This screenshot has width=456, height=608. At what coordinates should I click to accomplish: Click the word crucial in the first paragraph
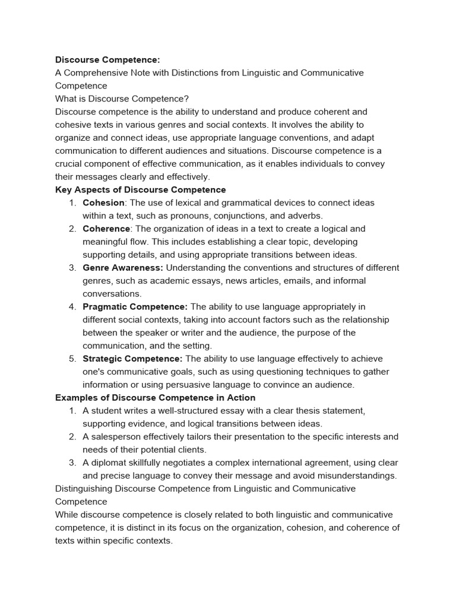[x=69, y=164]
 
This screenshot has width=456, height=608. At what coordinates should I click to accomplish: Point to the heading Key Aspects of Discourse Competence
[x=140, y=190]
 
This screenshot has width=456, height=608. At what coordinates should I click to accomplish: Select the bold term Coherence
[x=106, y=229]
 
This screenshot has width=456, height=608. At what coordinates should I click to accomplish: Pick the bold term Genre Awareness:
[x=123, y=268]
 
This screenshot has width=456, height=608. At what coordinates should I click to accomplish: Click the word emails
[x=292, y=281]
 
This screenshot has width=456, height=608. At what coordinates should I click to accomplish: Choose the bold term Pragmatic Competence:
[x=135, y=307]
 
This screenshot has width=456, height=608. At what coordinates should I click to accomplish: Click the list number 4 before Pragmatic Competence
[x=71, y=307]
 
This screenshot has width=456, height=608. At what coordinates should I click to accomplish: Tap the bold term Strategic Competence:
[x=132, y=359]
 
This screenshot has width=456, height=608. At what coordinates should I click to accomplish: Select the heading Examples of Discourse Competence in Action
[x=155, y=398]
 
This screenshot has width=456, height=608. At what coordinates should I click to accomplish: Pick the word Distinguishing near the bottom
[x=83, y=489]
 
